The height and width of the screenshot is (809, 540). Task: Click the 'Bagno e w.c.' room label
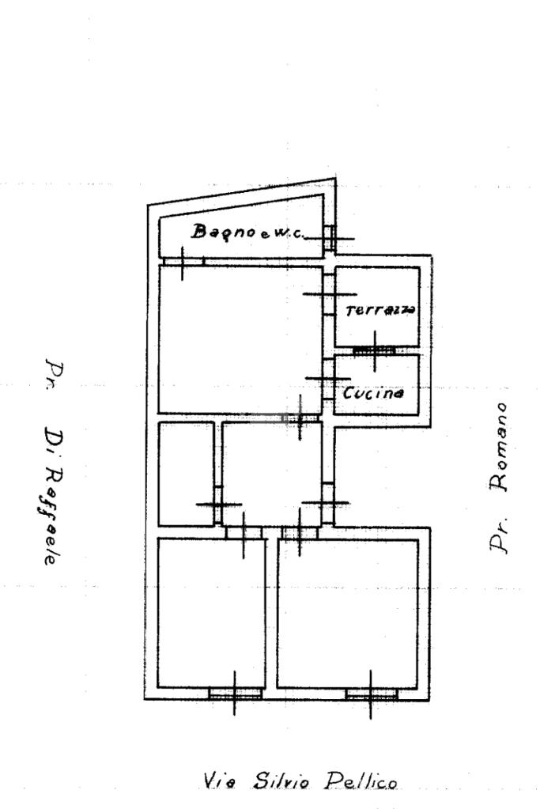247,232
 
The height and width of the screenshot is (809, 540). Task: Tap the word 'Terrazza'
380,309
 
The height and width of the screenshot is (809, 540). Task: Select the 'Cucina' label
373,392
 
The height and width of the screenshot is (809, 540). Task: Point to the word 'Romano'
499,446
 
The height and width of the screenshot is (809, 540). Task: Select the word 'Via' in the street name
220,781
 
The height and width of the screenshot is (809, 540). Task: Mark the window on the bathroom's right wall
330,238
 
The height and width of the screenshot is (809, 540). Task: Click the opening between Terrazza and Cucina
375,350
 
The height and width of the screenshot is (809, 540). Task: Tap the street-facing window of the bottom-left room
235,694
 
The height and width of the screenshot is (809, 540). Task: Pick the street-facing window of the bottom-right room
372,694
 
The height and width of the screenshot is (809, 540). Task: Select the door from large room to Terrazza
329,294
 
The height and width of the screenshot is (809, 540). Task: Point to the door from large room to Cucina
329,380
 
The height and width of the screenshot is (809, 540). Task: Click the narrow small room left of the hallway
186,474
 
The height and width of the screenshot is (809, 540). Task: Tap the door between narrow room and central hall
218,504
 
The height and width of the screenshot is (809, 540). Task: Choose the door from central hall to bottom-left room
244,532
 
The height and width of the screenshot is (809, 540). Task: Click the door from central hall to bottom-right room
300,532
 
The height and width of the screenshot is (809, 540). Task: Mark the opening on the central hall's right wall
328,502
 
